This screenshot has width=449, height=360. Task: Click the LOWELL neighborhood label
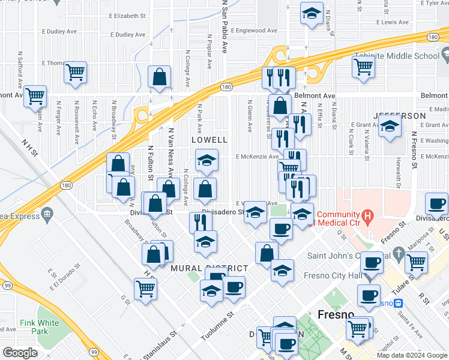[x=209, y=139]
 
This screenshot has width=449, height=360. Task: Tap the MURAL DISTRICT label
[x=209, y=268]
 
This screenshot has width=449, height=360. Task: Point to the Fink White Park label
[x=40, y=327]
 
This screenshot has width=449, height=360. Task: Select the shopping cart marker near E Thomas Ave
[x=75, y=73]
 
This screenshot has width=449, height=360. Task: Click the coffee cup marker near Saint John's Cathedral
[x=373, y=262]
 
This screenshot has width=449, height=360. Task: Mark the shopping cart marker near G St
[x=146, y=289]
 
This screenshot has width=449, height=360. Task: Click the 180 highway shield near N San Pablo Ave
[x=226, y=86]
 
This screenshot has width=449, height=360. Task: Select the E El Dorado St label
[x=65, y=275]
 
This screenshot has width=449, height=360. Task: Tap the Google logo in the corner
[x=20, y=353]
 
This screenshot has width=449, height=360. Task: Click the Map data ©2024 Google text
[x=411, y=355]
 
